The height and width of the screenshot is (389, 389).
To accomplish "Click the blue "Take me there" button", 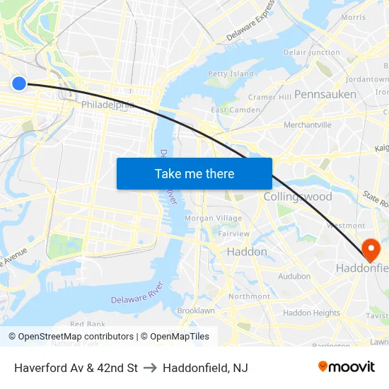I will click(194, 173).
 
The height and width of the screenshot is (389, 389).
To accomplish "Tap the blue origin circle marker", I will click(19, 83).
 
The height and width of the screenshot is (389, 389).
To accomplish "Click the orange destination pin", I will click(370, 249).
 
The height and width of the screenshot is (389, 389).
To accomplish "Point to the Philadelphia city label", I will click(108, 105).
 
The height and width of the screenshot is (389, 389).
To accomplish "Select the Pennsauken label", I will click(325, 94).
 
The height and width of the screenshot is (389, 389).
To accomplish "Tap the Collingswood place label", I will click(297, 197).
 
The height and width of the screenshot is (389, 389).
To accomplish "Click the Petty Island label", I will click(231, 74).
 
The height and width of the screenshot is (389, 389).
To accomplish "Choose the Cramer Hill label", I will click(269, 97).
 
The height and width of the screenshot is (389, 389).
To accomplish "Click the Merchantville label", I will click(307, 125).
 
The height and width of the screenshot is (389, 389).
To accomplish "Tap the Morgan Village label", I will click(213, 219).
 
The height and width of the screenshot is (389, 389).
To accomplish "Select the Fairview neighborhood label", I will click(233, 234).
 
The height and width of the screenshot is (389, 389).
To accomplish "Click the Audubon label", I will click(294, 277).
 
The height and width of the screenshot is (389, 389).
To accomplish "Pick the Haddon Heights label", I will click(311, 313).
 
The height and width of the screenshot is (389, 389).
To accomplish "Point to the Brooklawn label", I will click(196, 310).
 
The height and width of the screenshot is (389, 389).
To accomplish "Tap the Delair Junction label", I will click(312, 52).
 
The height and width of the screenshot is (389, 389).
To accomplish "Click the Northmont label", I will click(249, 296).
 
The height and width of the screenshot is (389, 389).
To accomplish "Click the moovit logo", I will click(346, 367).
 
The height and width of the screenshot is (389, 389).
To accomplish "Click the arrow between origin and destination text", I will click(150, 368).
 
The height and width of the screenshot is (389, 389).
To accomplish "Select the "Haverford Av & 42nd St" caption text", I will click(76, 368).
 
